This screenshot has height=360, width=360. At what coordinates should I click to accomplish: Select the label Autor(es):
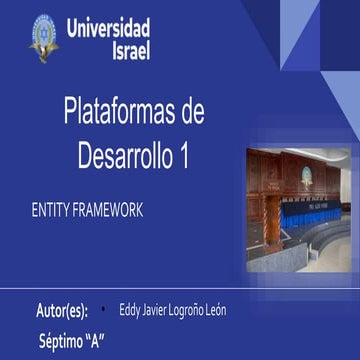point(69,309)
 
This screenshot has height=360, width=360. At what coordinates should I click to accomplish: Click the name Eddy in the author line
point(129,309)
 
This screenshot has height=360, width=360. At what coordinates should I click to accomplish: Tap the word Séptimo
point(60,340)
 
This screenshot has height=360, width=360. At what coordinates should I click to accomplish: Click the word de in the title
point(188,114)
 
